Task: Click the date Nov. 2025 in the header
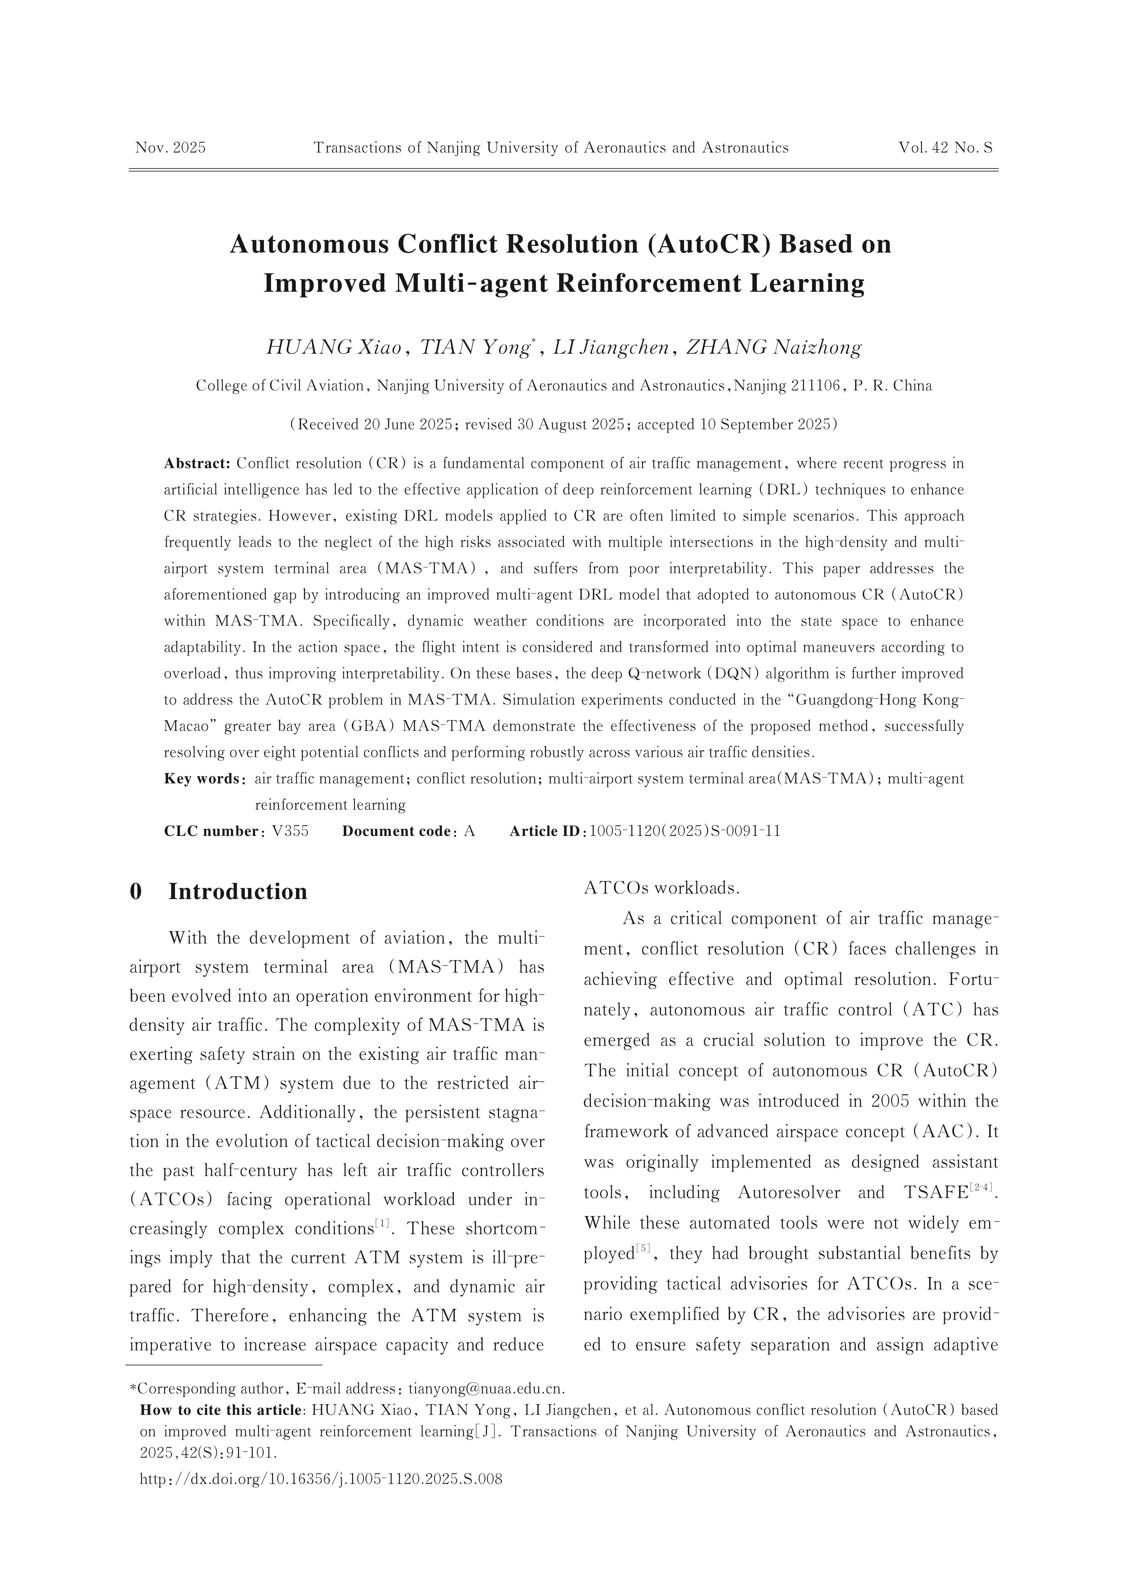click(171, 148)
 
